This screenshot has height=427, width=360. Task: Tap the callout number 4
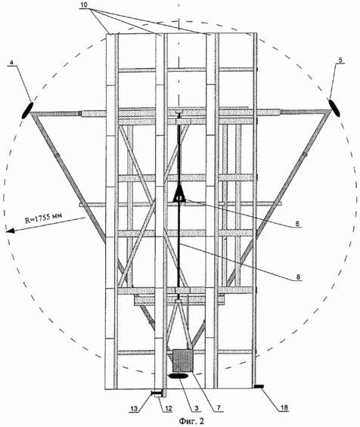[11, 63]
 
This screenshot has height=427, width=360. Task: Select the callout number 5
[340, 60]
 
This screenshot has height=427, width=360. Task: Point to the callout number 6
[297, 223]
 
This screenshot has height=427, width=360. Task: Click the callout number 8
[298, 277]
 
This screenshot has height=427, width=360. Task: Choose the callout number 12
[169, 408]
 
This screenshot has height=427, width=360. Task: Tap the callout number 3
[196, 408]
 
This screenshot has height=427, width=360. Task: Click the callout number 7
[219, 408]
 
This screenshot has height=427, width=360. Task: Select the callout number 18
[284, 407]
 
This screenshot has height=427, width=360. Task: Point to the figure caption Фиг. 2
[191, 421]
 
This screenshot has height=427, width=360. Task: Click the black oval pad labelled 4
[27, 110]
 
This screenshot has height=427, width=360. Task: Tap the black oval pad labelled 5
[334, 108]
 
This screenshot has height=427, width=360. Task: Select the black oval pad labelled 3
[178, 376]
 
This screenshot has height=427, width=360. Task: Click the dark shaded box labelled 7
[183, 360]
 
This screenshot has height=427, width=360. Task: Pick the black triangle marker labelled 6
[179, 193]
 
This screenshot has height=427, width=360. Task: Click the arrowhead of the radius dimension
[10, 231]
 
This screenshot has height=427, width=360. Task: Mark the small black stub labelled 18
[259, 386]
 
